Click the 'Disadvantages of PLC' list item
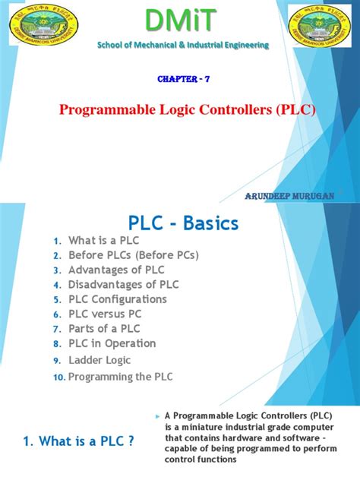coord(124,284)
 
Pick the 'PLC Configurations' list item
coord(118,299)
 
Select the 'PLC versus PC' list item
coord(105,314)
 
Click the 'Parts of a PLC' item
coord(105,329)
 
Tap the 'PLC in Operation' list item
coord(112,343)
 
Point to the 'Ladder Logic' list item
coord(99,360)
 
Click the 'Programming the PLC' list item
coord(121,377)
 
